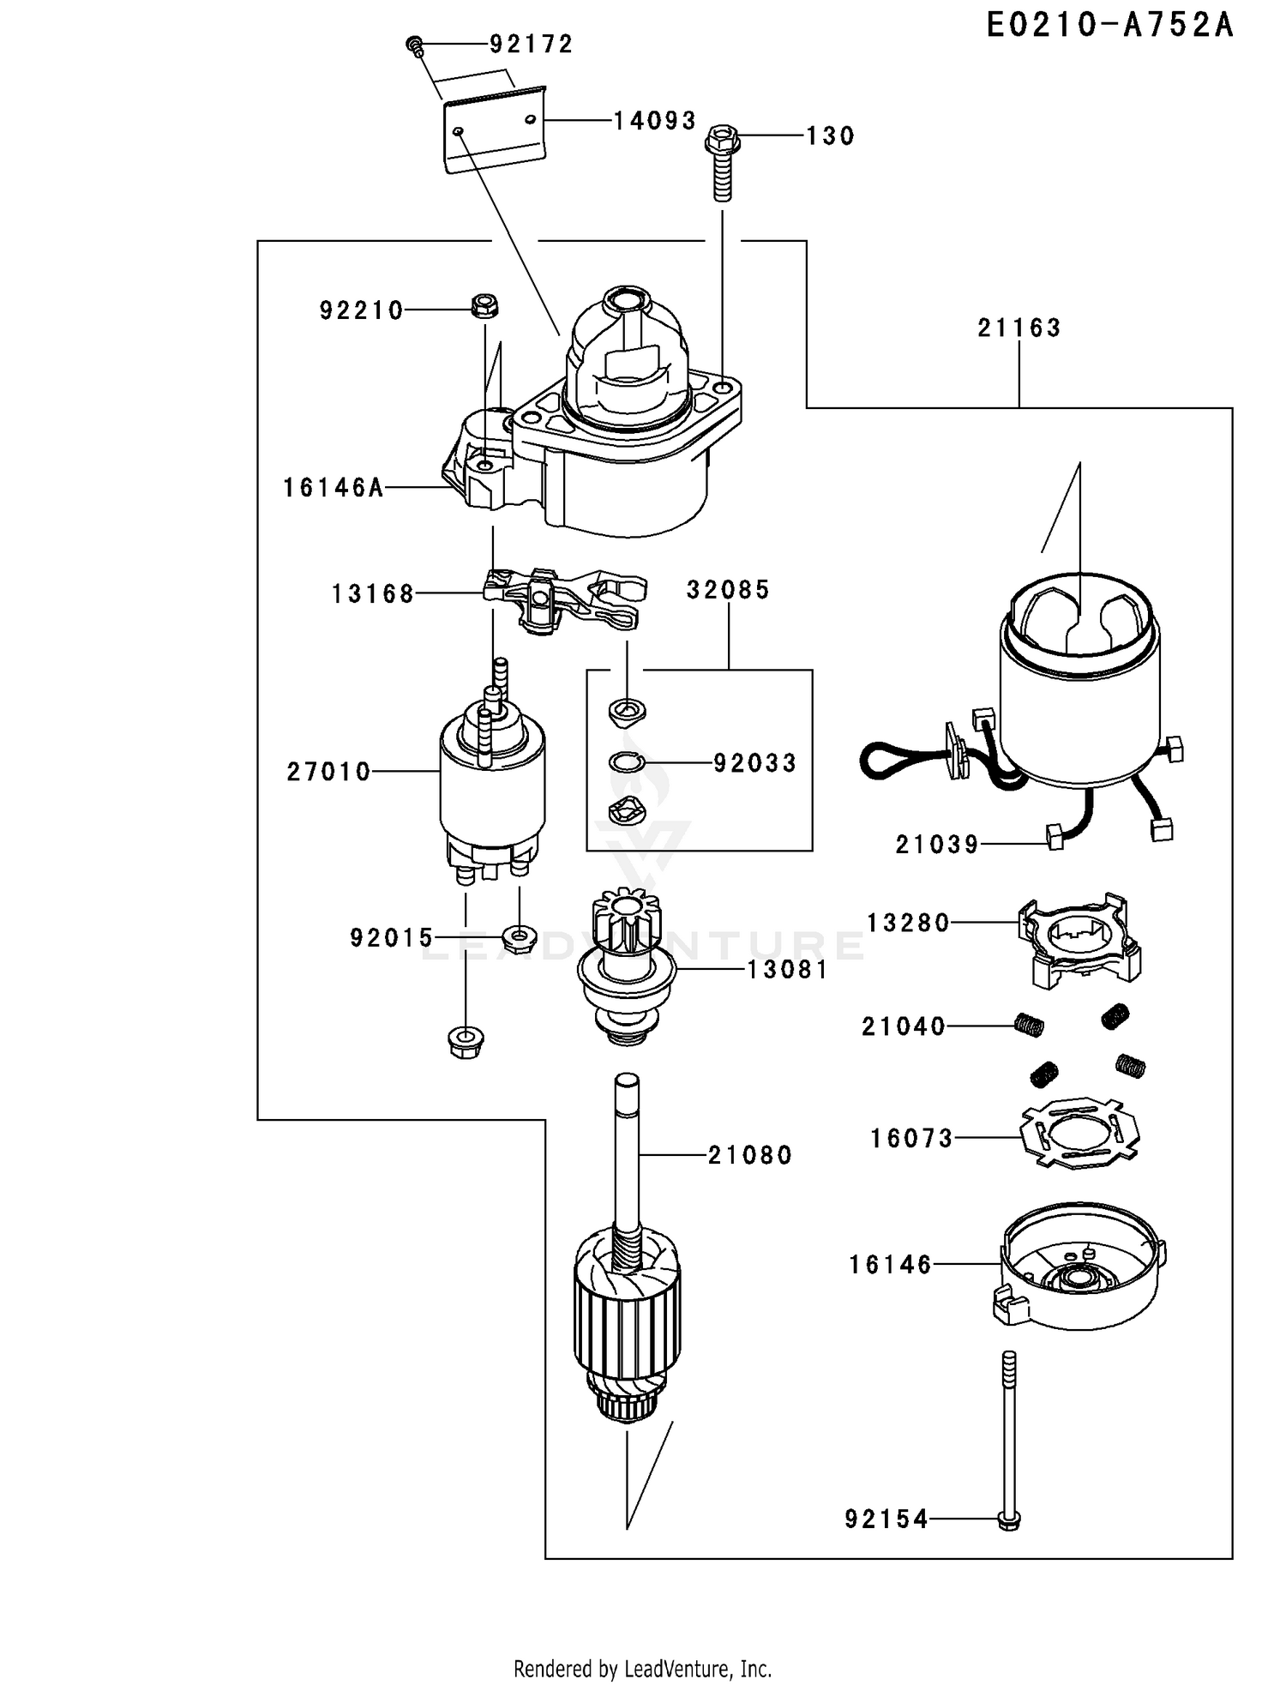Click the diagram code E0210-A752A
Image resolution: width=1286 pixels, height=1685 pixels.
coord(1109,26)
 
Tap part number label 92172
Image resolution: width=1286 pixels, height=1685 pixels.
coord(531,44)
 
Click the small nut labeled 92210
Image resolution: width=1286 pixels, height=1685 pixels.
coord(484,304)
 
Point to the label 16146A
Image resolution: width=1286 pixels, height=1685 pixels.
coord(334,488)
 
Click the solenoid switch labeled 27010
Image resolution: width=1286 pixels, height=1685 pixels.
coord(490,789)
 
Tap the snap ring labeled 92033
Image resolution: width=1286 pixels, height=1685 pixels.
coord(627,761)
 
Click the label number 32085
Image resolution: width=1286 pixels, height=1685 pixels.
coord(728,590)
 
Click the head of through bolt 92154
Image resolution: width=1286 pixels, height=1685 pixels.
coord(1010,1520)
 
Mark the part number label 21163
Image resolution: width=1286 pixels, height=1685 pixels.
coord(1019,328)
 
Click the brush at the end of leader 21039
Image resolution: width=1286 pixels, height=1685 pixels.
coord(1055,838)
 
